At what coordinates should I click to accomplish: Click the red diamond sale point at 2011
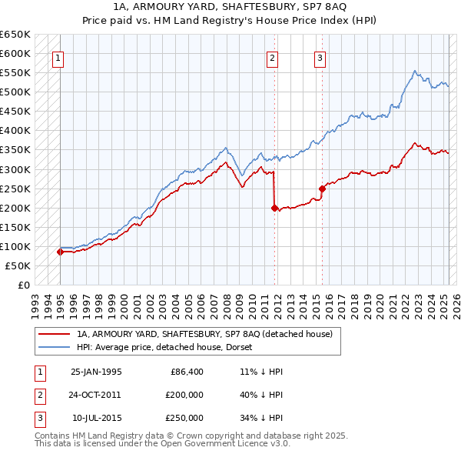point(274,208)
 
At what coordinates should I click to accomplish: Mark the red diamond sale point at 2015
point(322,189)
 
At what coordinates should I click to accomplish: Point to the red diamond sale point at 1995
point(60,252)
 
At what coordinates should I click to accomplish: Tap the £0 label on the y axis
point(24,285)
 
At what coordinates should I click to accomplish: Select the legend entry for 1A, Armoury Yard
point(204,334)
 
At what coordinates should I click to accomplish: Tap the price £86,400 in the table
point(186,372)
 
